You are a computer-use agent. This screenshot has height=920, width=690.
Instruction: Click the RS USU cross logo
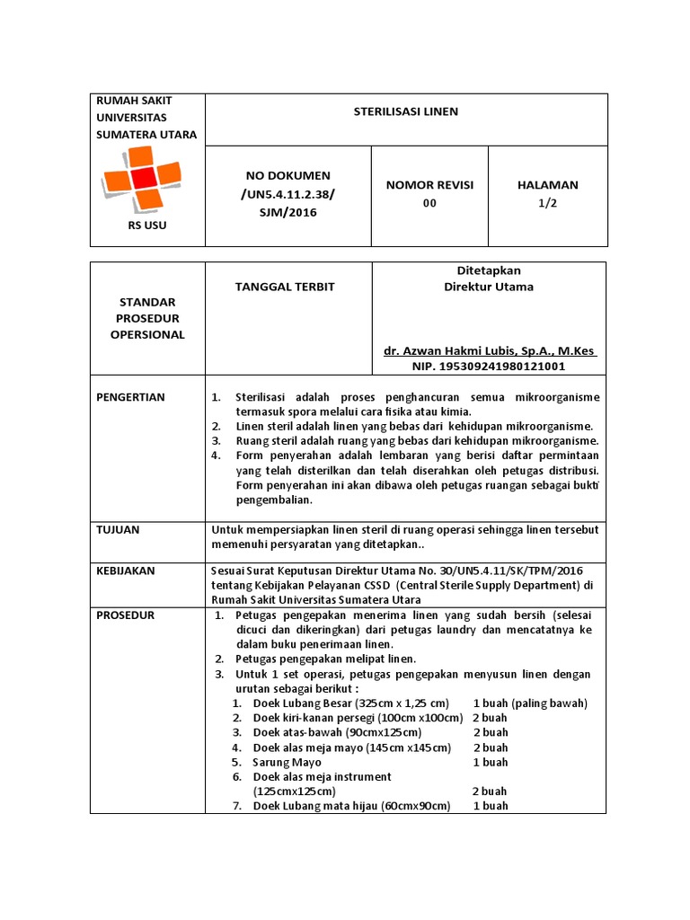(146, 179)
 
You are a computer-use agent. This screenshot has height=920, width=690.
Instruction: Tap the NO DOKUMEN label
(287, 175)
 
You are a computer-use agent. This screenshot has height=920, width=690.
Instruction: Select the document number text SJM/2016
(287, 212)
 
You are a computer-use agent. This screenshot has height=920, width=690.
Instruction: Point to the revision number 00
(429, 203)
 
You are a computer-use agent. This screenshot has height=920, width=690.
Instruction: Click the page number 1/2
(547, 203)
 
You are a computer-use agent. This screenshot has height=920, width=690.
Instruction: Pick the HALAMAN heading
(547, 184)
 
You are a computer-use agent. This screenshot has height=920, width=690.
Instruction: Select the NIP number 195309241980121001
(489, 367)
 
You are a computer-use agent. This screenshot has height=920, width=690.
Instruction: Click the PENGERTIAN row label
(130, 397)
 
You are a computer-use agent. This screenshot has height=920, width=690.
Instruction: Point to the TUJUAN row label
(118, 529)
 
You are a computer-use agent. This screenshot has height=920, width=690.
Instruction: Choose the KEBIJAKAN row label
(126, 570)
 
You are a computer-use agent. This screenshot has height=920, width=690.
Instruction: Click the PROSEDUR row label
(126, 615)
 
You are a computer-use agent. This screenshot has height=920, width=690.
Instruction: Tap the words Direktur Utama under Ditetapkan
(489, 287)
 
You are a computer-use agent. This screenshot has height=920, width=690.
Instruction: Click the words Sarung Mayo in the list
(287, 762)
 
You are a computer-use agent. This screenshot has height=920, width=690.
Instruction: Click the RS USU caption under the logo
(147, 225)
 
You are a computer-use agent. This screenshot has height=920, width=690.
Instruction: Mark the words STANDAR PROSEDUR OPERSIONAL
(147, 318)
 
